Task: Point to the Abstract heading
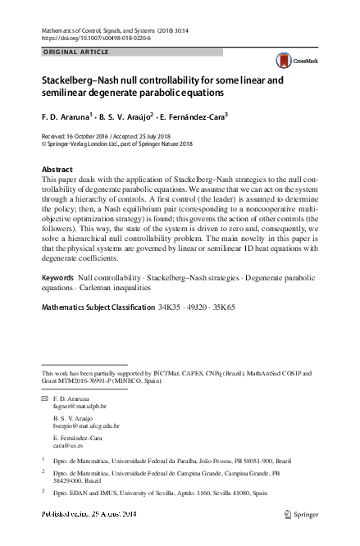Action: (57, 169)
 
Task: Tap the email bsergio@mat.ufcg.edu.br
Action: (86, 425)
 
